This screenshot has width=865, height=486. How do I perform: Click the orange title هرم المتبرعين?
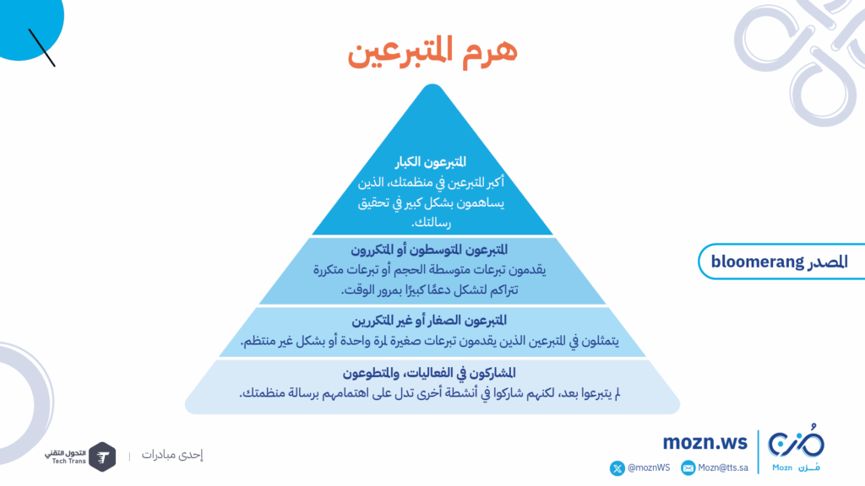pyautogui.click(x=432, y=51)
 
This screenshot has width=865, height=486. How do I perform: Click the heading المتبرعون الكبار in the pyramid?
pyautogui.click(x=430, y=162)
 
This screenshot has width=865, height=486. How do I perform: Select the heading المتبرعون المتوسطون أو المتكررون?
pyautogui.click(x=429, y=250)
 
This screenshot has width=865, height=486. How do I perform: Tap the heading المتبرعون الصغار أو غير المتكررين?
pyautogui.click(x=429, y=321)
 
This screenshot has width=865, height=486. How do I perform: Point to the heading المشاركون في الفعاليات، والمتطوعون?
pyautogui.click(x=429, y=374)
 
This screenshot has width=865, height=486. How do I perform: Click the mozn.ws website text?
pyautogui.click(x=705, y=442)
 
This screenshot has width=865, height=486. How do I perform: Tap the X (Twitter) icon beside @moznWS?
pyautogui.click(x=617, y=468)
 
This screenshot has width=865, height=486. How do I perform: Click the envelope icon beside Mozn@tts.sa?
pyautogui.click(x=688, y=468)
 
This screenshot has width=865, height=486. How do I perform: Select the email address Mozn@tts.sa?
pyautogui.click(x=723, y=467)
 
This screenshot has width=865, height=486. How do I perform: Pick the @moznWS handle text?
pyautogui.click(x=649, y=467)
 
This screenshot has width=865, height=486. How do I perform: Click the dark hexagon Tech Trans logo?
pyautogui.click(x=102, y=456)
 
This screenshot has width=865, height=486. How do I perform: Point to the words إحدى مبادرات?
pyautogui.click(x=172, y=455)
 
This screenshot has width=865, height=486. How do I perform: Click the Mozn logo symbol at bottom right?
pyautogui.click(x=796, y=441)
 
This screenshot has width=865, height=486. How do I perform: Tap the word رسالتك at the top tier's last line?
pyautogui.click(x=431, y=223)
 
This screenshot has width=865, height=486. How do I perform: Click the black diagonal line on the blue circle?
pyautogui.click(x=42, y=48)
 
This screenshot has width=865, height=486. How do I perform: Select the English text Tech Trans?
pyautogui.click(x=69, y=462)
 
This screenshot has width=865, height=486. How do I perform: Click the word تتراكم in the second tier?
pyautogui.click(x=501, y=290)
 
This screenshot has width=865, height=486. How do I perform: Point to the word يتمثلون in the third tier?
pyautogui.click(x=600, y=342)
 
